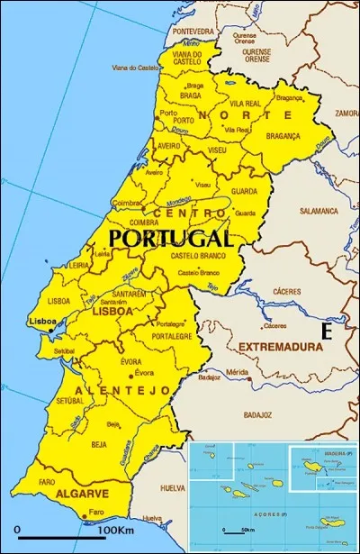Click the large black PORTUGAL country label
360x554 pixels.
tap(170, 238)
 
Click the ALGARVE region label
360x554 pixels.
tap(82, 495)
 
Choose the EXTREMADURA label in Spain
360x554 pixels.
tap(280, 346)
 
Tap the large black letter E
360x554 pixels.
tap(327, 331)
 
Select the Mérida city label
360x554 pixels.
tap(238, 372)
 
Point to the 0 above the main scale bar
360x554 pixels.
tap(16, 528)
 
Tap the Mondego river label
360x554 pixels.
tap(176, 200)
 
